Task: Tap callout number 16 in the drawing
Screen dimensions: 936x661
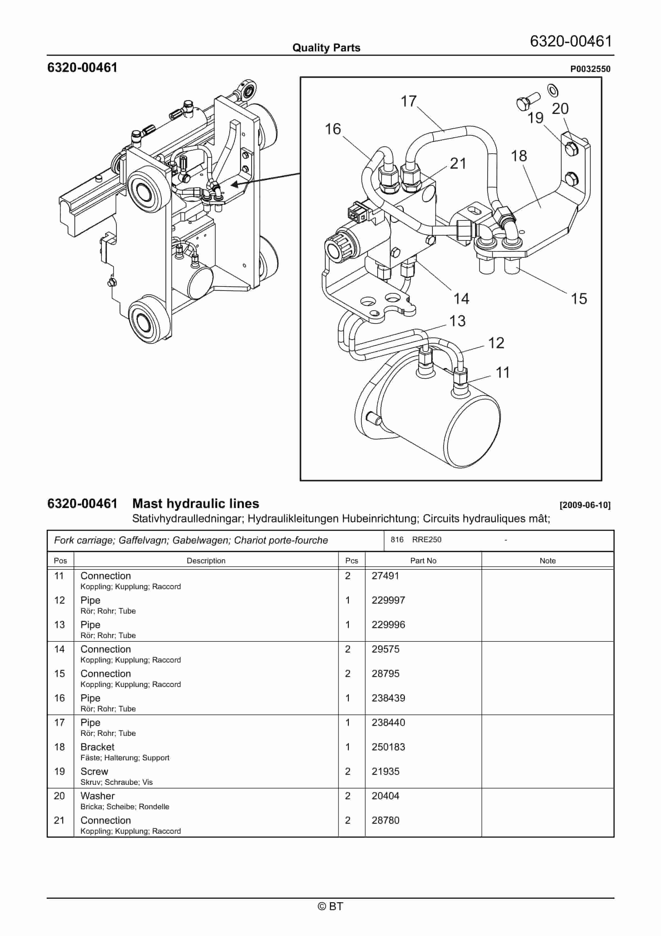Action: point(332,129)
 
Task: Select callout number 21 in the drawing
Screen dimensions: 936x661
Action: point(458,163)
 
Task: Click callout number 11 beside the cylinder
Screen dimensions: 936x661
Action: point(502,372)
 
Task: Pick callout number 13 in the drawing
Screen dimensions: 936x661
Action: point(457,321)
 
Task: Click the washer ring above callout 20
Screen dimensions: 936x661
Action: point(553,91)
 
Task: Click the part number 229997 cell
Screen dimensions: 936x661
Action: point(388,600)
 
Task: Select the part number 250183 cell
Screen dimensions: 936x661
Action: point(388,747)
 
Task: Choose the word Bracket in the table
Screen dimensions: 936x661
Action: point(97,747)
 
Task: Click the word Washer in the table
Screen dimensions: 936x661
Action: point(97,796)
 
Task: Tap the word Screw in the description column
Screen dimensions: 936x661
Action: point(94,771)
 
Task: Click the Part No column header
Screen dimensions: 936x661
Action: point(423,561)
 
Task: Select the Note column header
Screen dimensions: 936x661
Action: point(547,561)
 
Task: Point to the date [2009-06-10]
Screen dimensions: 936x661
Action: point(585,505)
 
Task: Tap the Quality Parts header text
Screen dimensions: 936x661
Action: point(326,48)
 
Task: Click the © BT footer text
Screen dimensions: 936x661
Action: point(330,906)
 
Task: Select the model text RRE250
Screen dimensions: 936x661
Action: point(426,539)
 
